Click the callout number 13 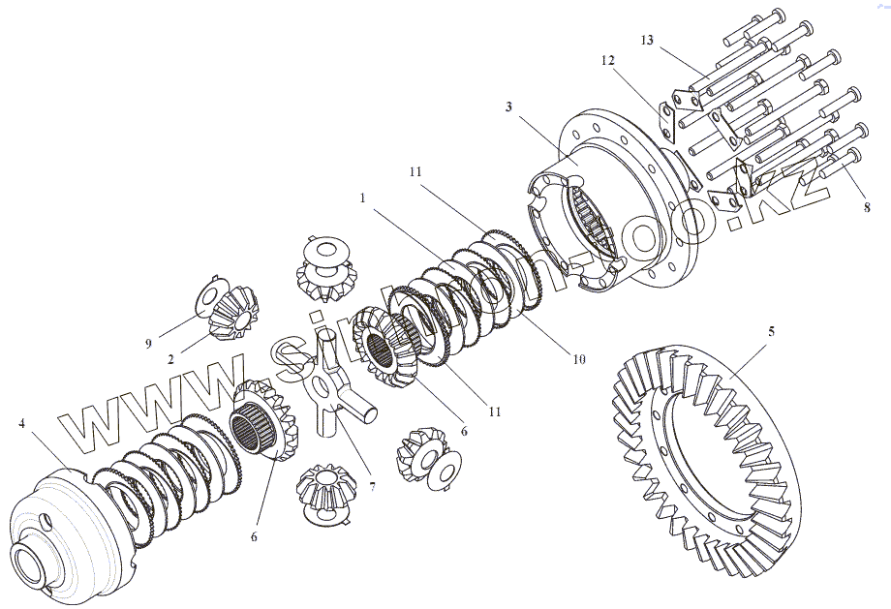pyautogui.click(x=647, y=40)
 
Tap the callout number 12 pyautogui.click(x=607, y=60)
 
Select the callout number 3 pyautogui.click(x=508, y=105)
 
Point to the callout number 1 pyautogui.click(x=361, y=197)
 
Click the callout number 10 pyautogui.click(x=578, y=360)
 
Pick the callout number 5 pyautogui.click(x=771, y=331)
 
